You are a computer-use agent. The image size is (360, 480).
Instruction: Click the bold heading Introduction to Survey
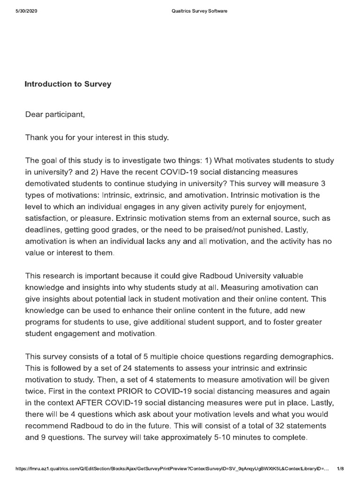tap(68, 84)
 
